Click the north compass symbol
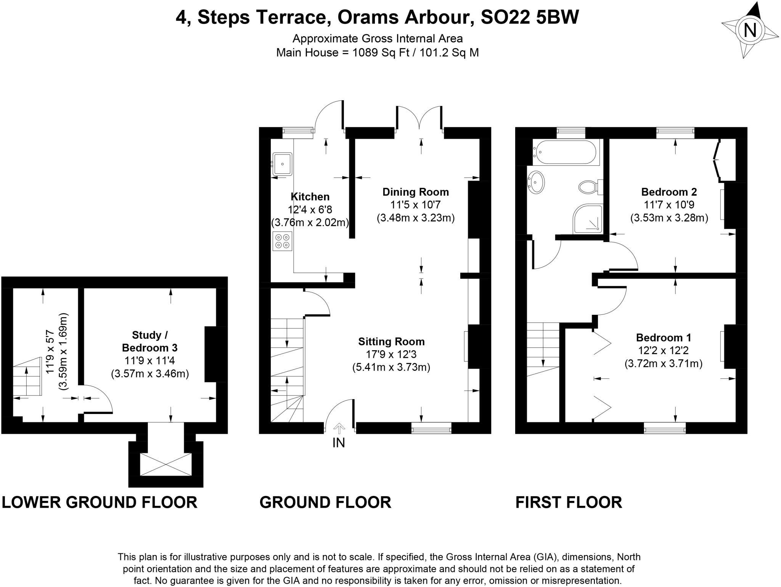click(750, 30)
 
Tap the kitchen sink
click(282, 164)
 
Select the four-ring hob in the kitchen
click(282, 241)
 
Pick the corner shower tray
click(588, 218)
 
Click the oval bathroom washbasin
click(536, 182)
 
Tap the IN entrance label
click(339, 443)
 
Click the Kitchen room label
click(310, 197)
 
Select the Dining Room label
click(416, 192)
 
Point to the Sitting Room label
click(391, 342)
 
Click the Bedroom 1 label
click(664, 338)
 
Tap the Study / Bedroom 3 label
click(149, 341)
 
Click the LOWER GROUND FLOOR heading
click(100, 502)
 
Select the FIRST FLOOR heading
click(569, 502)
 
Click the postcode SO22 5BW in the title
click(530, 17)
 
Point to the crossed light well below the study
click(166, 465)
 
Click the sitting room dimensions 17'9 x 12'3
click(391, 354)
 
